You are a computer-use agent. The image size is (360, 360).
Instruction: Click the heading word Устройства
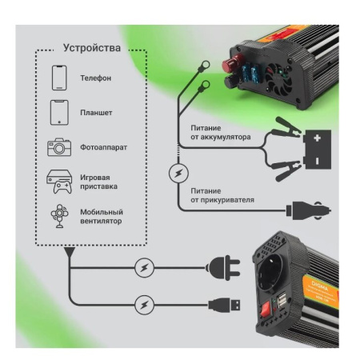[92, 49]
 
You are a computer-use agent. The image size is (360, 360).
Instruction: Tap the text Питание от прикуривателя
[223, 195]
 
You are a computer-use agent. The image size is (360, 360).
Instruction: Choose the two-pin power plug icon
[222, 266]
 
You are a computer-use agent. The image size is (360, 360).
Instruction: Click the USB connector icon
[222, 303]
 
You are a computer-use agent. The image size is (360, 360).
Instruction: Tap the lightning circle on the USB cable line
[142, 303]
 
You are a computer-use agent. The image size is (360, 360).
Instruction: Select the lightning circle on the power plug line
[142, 266]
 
